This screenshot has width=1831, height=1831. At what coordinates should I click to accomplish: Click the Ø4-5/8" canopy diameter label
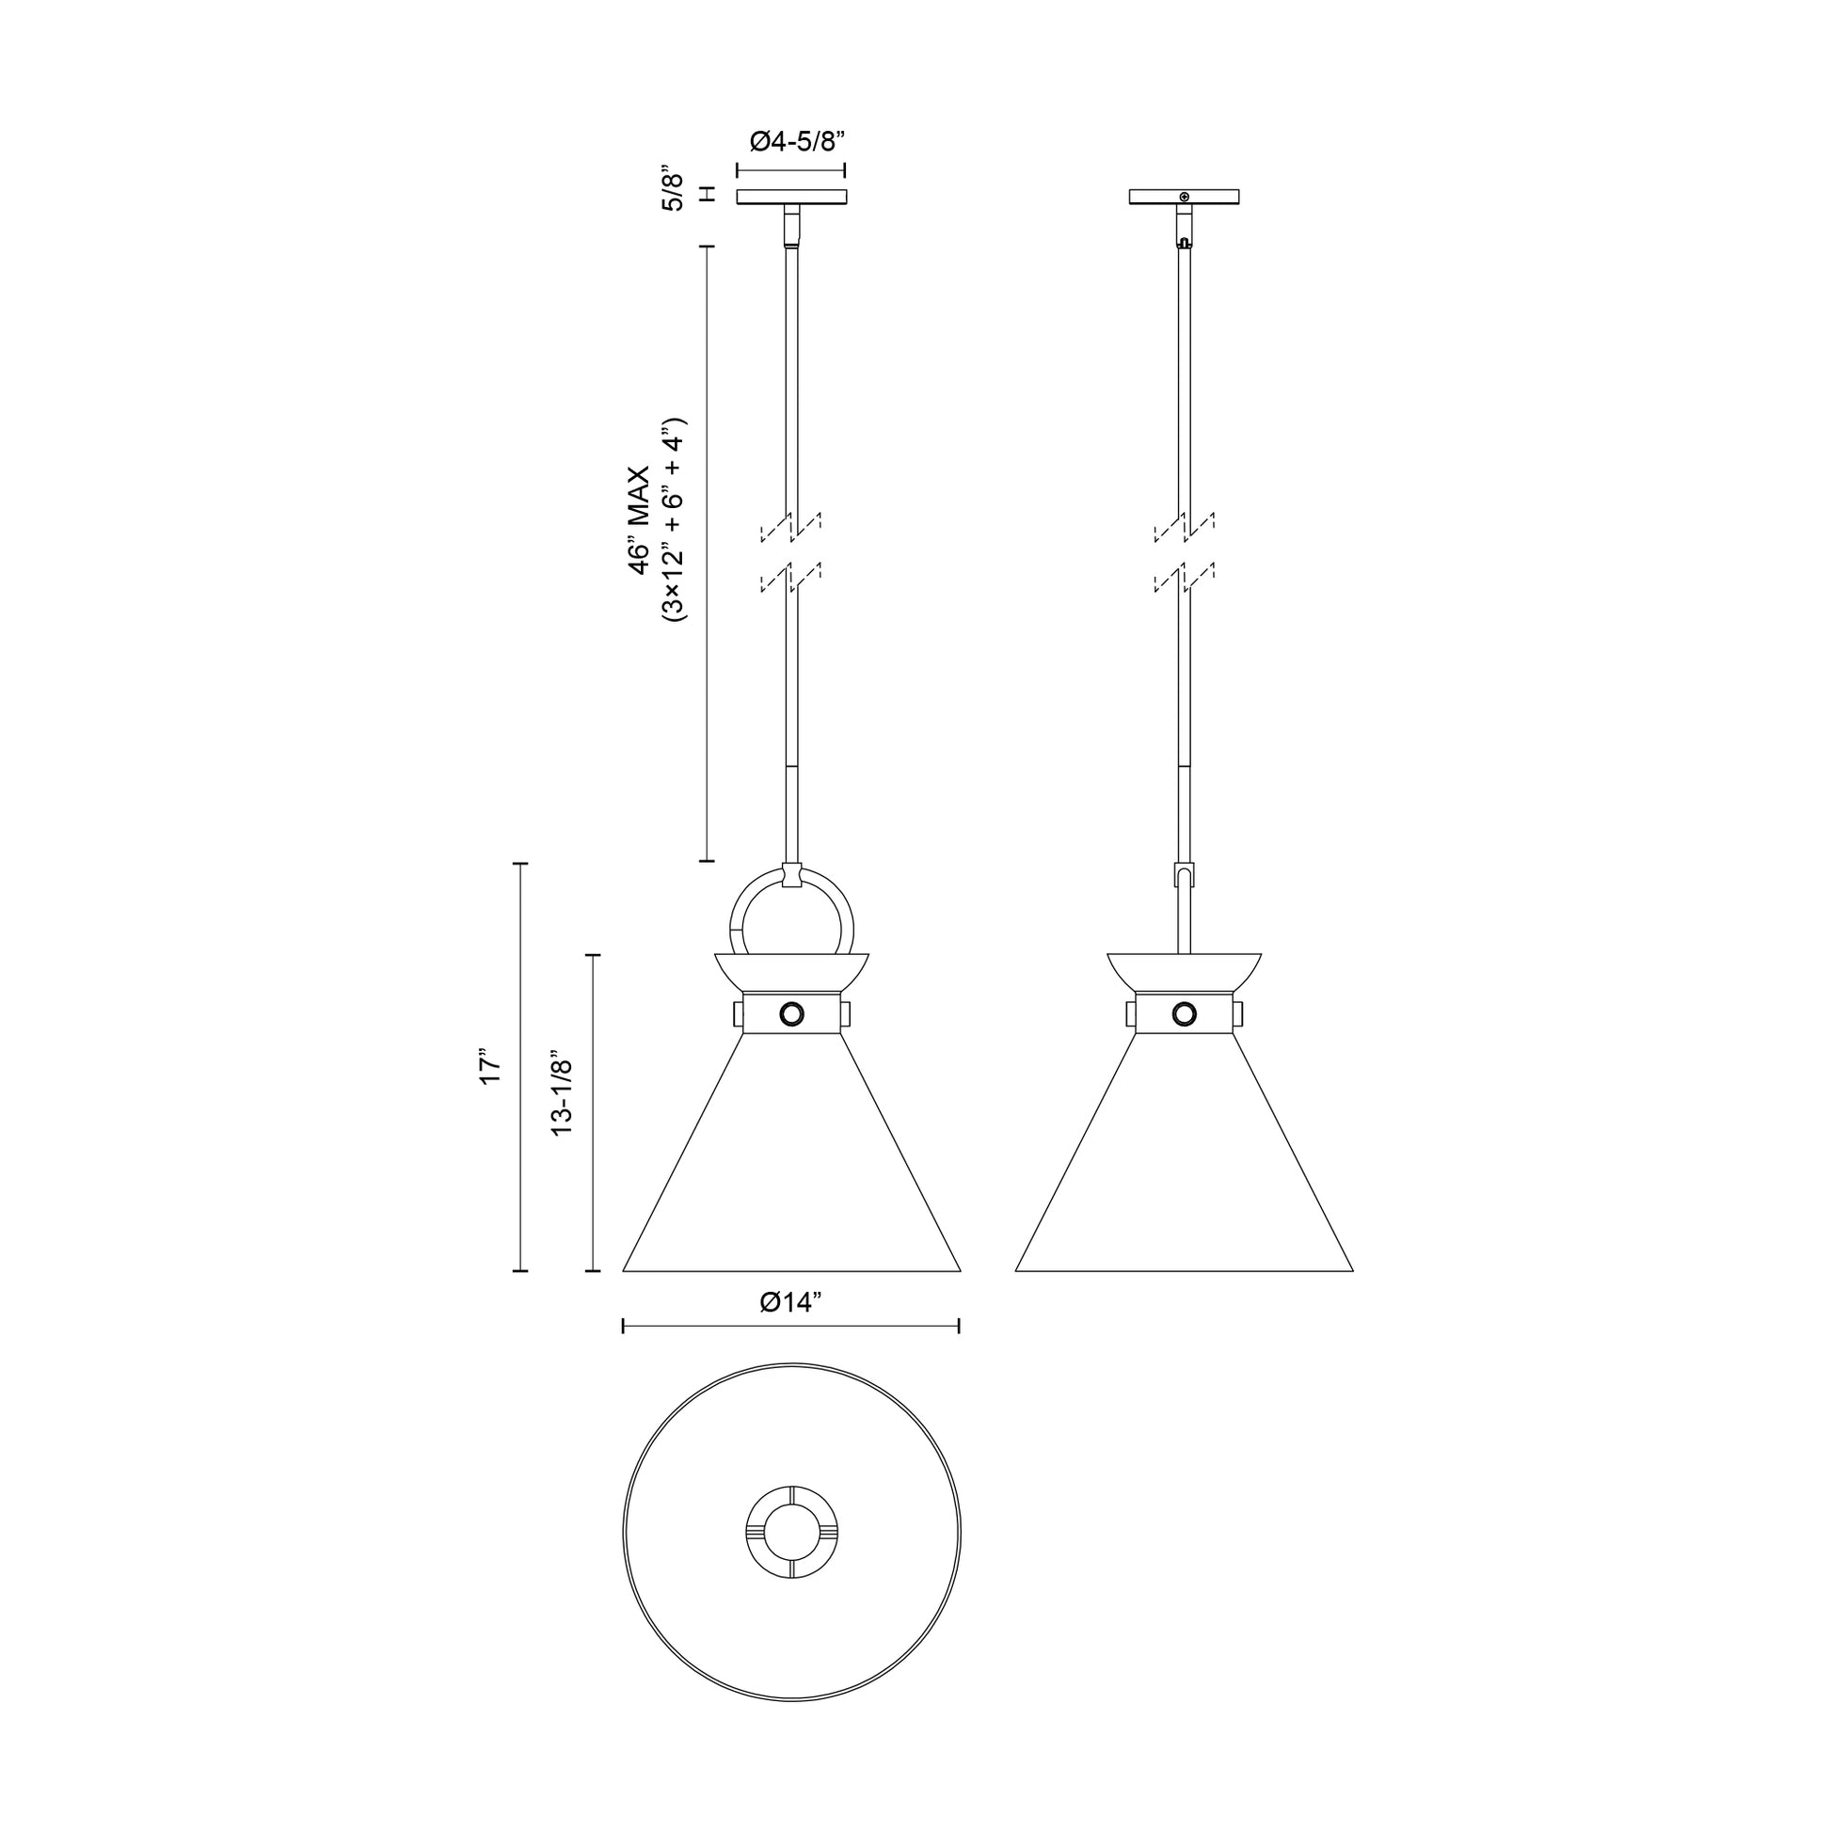796,142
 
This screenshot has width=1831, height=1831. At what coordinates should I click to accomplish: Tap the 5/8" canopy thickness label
672,192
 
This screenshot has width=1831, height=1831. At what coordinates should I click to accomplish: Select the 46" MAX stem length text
641,519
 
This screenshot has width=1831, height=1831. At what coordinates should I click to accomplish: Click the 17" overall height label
490,1066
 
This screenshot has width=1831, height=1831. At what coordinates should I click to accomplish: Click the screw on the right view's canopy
1184,196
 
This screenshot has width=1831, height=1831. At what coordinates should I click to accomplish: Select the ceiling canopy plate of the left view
792,198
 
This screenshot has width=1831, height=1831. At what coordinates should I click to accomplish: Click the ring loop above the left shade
791,915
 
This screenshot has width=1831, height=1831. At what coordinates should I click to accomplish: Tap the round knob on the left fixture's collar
791,1014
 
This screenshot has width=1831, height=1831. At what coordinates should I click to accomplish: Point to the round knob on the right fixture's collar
1184,1014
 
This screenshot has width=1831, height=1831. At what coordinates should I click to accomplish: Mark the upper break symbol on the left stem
791,527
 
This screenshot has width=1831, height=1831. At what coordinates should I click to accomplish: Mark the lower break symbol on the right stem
1184,576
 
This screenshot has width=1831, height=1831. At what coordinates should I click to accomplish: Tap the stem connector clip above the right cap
1184,874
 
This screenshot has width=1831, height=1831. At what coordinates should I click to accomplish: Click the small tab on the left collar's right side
844,1015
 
